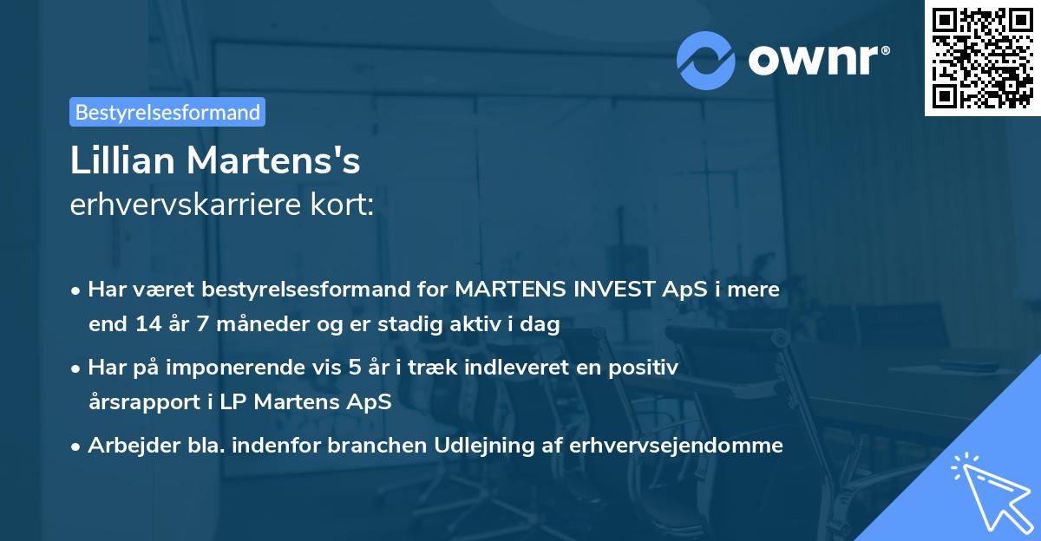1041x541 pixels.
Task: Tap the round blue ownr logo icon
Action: (x=706, y=60)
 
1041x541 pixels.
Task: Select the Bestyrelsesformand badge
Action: (x=167, y=112)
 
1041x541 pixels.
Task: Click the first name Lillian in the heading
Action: (x=120, y=160)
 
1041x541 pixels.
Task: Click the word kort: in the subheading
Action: (x=348, y=205)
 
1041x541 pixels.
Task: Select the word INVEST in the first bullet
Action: (x=610, y=290)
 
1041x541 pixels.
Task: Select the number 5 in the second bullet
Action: (x=354, y=368)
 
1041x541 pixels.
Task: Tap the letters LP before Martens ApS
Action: (x=226, y=402)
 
